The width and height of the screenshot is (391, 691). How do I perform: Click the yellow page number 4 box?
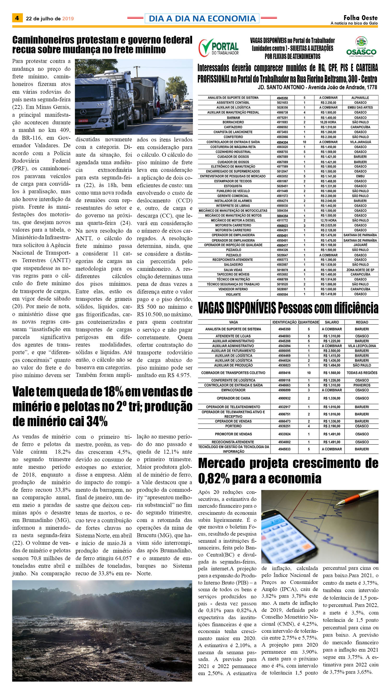click(17, 18)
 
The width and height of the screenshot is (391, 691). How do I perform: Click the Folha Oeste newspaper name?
click(360, 18)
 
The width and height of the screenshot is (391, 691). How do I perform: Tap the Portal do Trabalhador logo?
click(218, 48)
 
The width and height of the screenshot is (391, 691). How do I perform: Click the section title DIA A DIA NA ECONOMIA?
click(202, 18)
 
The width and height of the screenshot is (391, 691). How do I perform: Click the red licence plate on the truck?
click(83, 121)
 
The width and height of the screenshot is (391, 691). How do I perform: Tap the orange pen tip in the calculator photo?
click(341, 502)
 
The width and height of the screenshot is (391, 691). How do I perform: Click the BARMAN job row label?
click(233, 118)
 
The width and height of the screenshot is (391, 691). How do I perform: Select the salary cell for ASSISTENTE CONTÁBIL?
click(328, 103)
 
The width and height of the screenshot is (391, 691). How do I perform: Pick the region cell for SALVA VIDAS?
click(360, 270)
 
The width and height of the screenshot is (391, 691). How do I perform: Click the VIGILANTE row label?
click(233, 295)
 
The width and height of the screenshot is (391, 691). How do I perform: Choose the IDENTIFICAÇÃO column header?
click(285, 322)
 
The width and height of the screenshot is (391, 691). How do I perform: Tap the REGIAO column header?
click(362, 322)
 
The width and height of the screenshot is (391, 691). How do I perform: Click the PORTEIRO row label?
click(233, 426)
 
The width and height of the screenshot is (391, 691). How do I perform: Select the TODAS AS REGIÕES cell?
click(362, 373)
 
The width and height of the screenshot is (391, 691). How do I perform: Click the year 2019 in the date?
click(68, 19)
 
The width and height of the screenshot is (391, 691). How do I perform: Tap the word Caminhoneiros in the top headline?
click(43, 40)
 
